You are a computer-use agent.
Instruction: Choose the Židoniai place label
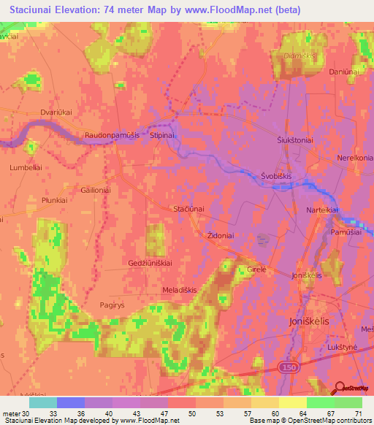click(216, 237)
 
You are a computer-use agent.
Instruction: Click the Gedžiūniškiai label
click(150, 262)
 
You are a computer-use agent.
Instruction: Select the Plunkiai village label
click(55, 199)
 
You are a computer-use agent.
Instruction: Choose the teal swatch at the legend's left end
click(43, 402)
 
